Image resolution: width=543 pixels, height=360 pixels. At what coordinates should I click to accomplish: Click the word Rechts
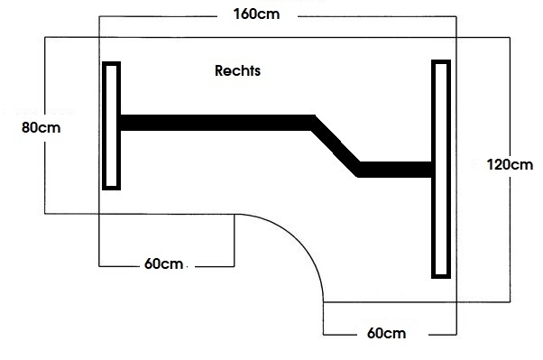point(238,69)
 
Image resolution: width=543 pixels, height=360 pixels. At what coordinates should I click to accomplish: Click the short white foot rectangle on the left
point(111,125)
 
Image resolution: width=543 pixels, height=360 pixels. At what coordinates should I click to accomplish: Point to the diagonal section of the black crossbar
point(336,144)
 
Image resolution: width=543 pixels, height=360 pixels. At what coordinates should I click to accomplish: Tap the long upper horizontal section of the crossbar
point(216,123)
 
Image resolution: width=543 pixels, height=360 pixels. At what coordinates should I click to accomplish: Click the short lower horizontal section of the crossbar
point(395,169)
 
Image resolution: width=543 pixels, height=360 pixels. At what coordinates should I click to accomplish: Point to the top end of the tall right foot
point(440,63)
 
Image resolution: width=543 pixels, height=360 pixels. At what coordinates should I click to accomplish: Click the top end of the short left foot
point(111,65)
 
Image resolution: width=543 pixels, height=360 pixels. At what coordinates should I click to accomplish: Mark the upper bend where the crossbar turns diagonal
point(313,121)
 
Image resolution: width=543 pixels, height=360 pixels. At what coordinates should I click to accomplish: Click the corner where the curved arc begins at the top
point(235,214)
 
